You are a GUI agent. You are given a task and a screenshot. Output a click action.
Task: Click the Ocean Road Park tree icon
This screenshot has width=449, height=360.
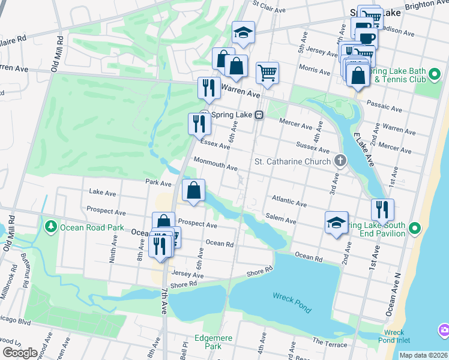pyautogui.click(x=51, y=227)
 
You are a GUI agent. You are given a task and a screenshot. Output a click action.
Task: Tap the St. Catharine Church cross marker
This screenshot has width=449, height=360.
pyautogui.click(x=340, y=161)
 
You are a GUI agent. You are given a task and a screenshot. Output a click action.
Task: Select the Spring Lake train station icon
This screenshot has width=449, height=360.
pyautogui.click(x=259, y=115)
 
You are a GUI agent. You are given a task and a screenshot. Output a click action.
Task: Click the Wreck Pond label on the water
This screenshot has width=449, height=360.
pyautogui.click(x=292, y=302)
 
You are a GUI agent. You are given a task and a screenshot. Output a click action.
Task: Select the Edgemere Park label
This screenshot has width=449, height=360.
pyautogui.click(x=213, y=342)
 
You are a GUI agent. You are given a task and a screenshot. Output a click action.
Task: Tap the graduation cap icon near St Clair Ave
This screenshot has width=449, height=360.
pyautogui.click(x=244, y=32)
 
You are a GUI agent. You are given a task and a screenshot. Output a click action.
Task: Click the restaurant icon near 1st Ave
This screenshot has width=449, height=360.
pyautogui.click(x=382, y=209)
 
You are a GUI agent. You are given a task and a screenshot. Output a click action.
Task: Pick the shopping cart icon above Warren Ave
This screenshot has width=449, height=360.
pyautogui.click(x=267, y=73)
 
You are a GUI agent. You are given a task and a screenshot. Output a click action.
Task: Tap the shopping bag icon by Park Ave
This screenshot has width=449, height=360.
pyautogui.click(x=193, y=190)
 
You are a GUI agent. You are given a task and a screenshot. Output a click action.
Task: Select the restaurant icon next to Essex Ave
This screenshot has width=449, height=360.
pyautogui.click(x=199, y=124)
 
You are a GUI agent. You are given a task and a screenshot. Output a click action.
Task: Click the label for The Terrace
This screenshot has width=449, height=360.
pyautogui.click(x=330, y=344)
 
